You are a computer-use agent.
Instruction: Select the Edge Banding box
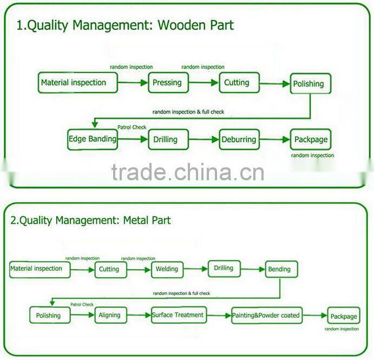click(93, 139)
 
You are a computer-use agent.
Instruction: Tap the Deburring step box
click(239, 139)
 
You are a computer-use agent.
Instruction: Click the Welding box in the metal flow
click(167, 269)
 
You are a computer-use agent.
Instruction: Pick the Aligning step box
click(110, 315)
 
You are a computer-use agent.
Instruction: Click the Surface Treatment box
click(178, 315)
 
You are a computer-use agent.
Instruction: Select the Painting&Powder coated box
click(266, 315)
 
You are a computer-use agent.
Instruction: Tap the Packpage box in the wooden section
click(311, 140)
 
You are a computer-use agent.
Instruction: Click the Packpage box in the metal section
click(343, 316)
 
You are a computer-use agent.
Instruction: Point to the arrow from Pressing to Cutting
click(204, 83)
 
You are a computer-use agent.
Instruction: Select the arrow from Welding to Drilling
click(196, 269)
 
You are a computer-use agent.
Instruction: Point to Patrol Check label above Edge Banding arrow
click(132, 127)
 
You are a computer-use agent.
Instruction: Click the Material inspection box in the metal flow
click(39, 269)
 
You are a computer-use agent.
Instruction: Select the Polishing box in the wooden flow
click(310, 84)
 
